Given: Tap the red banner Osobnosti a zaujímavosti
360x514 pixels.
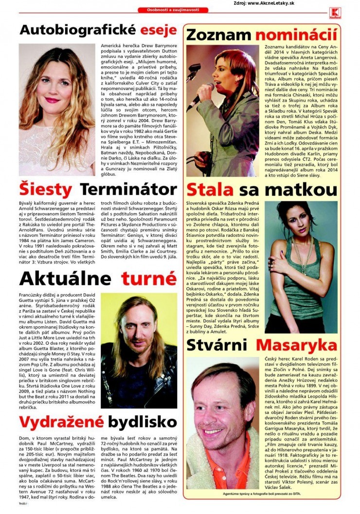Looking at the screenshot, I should pos(173,10).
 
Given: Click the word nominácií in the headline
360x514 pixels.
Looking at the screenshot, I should pos(297,35).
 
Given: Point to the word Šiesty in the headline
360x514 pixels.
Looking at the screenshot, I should pos(46,189).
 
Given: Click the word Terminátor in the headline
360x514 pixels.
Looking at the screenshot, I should pos(128,189).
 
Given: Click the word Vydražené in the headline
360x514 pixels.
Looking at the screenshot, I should pos(60,421).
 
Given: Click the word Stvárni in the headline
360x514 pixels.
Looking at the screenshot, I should pos(218,346).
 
